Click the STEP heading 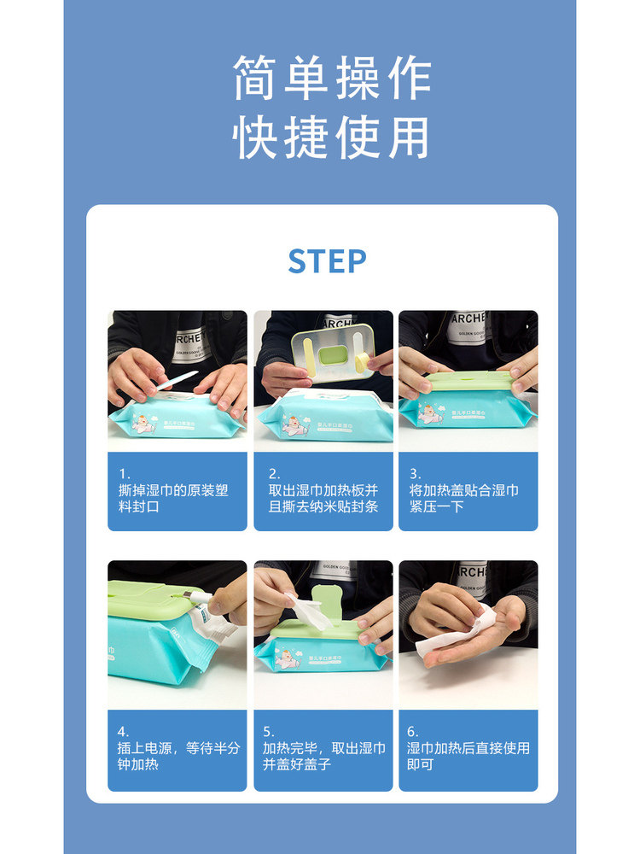click(327, 261)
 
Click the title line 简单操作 click(332, 79)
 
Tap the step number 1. click(124, 473)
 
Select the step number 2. click(274, 473)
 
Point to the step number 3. click(416, 473)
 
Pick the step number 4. click(124, 731)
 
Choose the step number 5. click(269, 731)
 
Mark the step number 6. click(413, 731)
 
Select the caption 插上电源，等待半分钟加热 click(179, 756)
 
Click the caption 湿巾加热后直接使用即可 click(468, 756)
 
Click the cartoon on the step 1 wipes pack click(146, 421)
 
